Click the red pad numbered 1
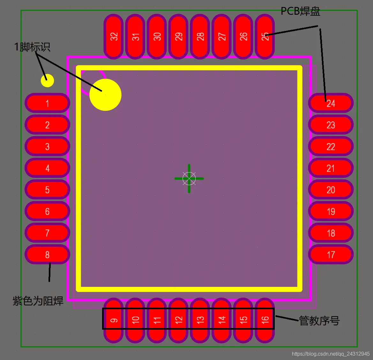47,103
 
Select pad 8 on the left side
47,254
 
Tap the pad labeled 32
114,36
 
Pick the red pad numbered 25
265,36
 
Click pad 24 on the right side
331,103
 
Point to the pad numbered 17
331,254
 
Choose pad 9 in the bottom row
114,320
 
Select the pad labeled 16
265,320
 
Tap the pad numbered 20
331,189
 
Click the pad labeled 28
200,36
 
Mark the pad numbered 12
178,320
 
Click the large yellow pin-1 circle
105,95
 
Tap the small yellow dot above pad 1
47,81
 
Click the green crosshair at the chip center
189,178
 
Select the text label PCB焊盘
301,11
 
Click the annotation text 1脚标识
32,47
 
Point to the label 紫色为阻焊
38,301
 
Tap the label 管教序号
319,321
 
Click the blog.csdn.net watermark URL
331,354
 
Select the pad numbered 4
47,168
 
